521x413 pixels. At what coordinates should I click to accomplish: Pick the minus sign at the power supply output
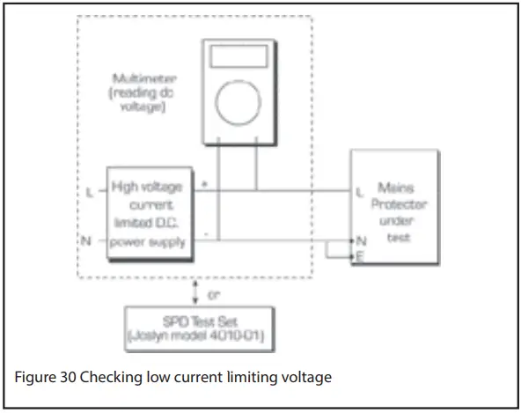point(204,234)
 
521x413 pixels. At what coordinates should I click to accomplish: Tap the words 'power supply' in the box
point(149,242)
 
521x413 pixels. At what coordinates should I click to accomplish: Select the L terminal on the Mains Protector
point(359,190)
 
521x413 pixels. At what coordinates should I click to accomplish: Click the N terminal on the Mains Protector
point(359,240)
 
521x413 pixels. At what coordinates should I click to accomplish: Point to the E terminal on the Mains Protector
point(359,255)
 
